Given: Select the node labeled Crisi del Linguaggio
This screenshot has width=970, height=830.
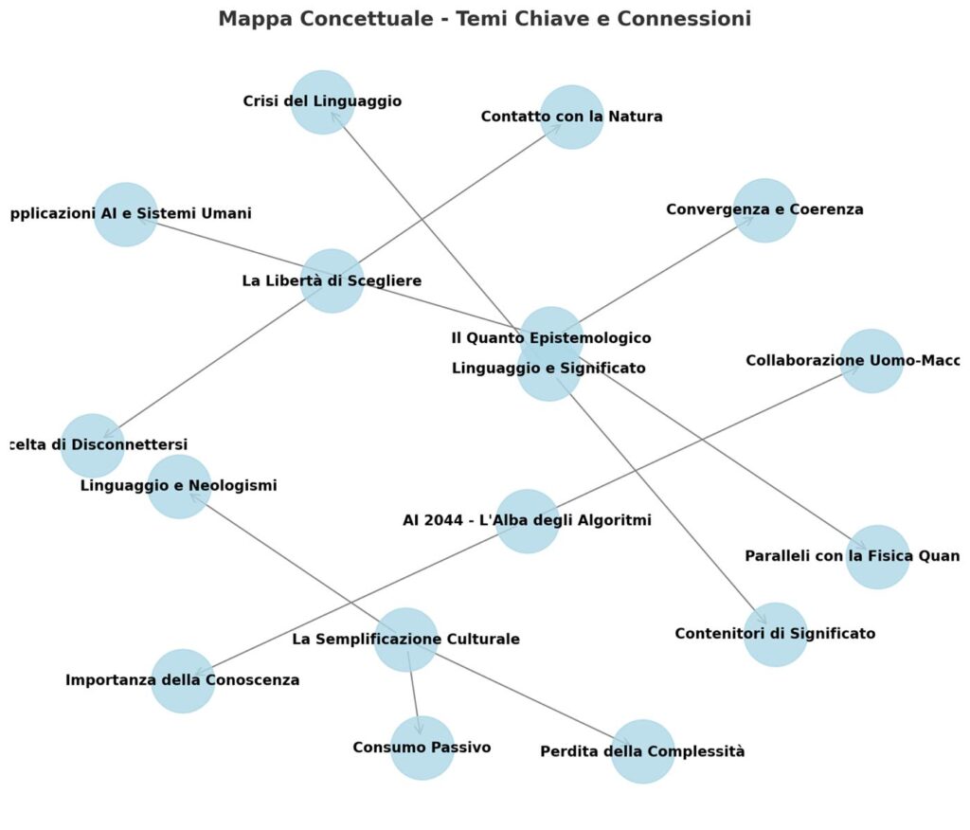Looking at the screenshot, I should [x=322, y=102].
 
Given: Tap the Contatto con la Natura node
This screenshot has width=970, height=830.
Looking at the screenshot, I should [x=571, y=117].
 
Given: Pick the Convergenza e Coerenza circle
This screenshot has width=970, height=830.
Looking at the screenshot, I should [x=764, y=210].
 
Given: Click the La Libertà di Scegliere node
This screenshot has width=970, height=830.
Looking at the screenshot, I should [x=332, y=281].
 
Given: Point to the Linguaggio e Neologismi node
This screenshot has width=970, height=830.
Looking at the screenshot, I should [x=179, y=487].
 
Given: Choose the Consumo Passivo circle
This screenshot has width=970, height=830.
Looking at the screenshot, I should [x=422, y=749].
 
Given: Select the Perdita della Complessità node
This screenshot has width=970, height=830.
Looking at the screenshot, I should [x=642, y=752].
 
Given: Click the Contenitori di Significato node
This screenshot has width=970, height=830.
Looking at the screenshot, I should [x=775, y=635].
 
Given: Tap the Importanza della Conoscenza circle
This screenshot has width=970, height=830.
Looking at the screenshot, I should [x=183, y=681].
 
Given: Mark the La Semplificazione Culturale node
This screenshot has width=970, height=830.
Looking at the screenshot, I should [x=405, y=641].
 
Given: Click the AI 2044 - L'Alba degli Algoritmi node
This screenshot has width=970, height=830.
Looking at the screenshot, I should [x=528, y=521].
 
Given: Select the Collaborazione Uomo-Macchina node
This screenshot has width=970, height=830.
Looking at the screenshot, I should [x=871, y=361].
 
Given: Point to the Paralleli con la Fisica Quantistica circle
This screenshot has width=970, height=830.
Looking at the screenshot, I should [x=877, y=557].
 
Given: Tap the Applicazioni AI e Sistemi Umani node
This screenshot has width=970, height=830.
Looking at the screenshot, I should [x=126, y=214].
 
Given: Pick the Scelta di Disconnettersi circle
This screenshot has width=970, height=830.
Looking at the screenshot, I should [x=93, y=445].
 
